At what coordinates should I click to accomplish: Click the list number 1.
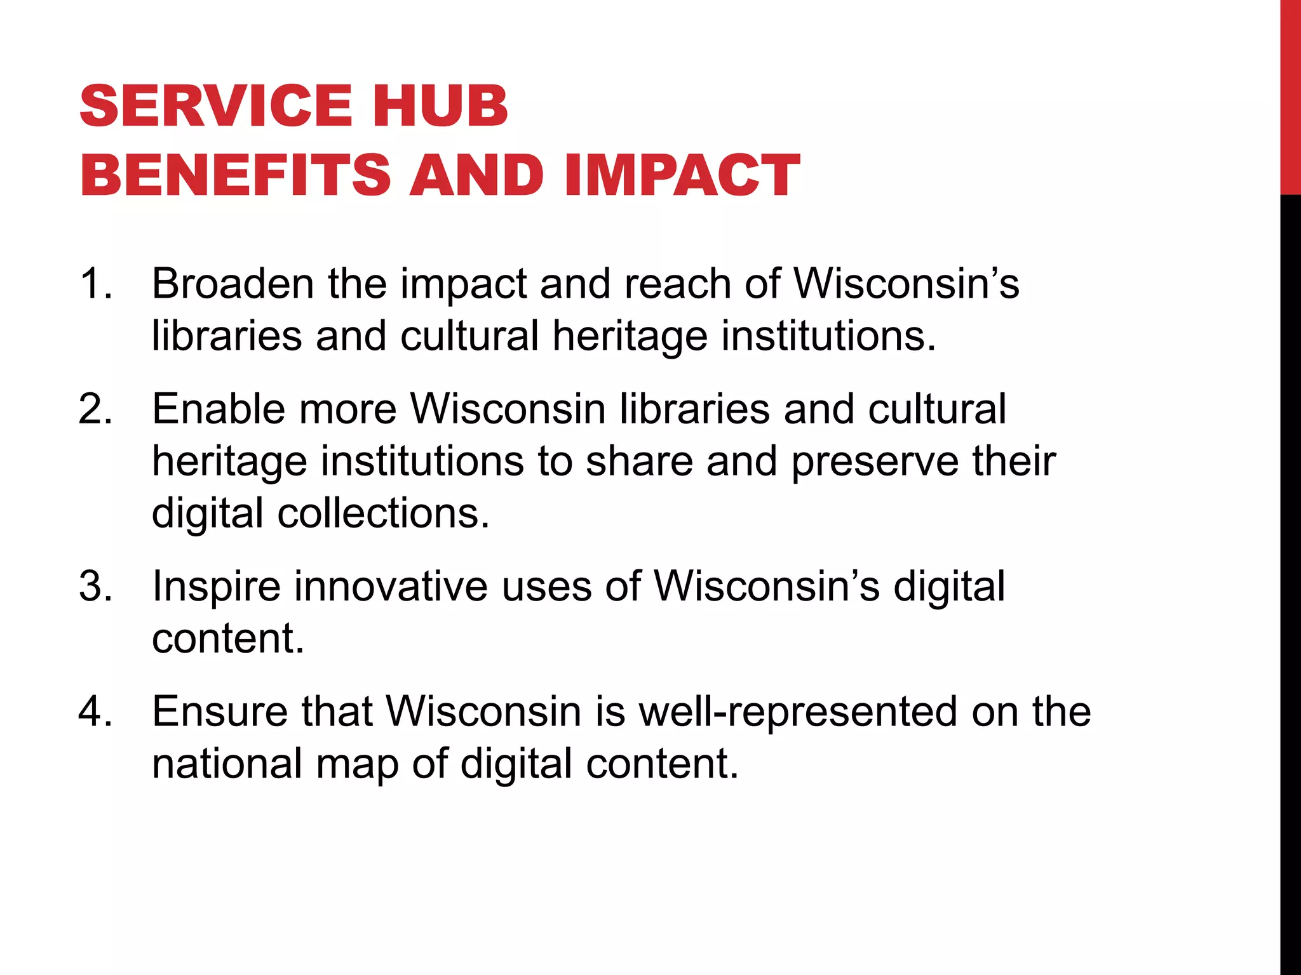[95, 283]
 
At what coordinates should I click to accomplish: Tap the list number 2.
[95, 409]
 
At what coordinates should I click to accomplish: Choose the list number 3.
[95, 586]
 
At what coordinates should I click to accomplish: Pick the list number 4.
[95, 711]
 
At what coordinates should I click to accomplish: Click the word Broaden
[233, 283]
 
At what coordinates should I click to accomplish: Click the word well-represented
[797, 711]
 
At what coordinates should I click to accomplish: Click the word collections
[384, 513]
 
